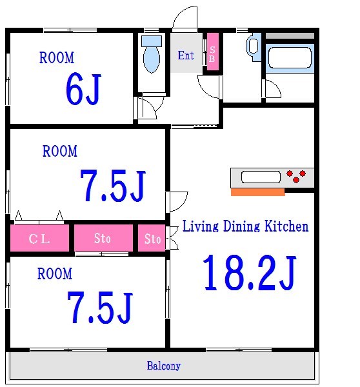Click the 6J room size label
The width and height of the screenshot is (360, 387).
[83, 89]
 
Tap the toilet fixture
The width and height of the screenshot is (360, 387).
[152, 54]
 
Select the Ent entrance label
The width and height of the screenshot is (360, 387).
[186, 55]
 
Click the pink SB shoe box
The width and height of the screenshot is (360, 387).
[213, 52]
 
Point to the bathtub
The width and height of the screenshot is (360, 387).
[290, 58]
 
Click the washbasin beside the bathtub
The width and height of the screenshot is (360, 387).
[253, 46]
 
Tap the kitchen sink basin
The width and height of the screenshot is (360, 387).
[261, 177]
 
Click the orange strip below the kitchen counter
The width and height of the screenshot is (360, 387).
[258, 192]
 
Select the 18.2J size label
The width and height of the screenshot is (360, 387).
[249, 273]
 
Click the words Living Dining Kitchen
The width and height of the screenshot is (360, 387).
[245, 226]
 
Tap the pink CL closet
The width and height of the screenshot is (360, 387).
[39, 238]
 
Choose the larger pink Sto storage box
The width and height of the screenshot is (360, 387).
[103, 238]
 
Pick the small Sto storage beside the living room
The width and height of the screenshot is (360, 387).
[152, 238]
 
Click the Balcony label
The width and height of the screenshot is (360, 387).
[164, 366]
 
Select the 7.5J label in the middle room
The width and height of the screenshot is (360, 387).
[113, 186]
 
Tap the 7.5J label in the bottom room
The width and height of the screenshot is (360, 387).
[100, 307]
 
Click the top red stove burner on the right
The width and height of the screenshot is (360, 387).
[303, 174]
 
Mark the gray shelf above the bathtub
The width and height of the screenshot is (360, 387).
[290, 35]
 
